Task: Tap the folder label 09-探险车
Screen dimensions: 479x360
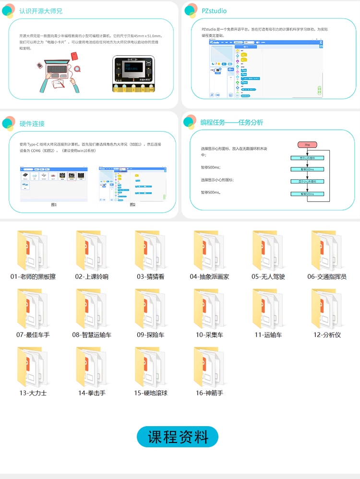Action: [150, 335]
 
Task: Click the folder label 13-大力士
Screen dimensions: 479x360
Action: [33, 393]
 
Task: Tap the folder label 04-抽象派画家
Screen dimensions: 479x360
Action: [209, 277]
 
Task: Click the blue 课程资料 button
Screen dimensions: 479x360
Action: [178, 437]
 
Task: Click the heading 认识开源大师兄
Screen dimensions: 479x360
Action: [41, 11]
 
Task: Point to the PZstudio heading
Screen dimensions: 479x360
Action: [214, 11]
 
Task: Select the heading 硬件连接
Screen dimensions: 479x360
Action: [32, 123]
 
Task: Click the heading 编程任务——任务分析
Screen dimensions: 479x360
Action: [231, 123]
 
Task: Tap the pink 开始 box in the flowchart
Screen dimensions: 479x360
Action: [307, 145]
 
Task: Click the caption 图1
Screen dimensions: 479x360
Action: [54, 205]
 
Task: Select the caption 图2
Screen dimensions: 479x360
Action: [132, 205]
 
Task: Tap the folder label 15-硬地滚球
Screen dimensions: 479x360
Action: [150, 393]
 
